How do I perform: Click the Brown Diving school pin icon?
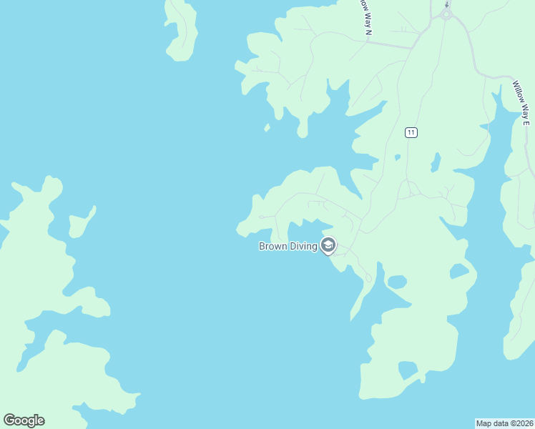[x=328, y=246]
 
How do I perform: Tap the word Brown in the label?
[x=273, y=247]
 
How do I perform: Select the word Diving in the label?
[x=304, y=247]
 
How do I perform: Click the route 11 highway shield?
[x=411, y=132]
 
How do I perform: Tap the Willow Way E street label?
[x=521, y=102]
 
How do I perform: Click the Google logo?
[x=24, y=420]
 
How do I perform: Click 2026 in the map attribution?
[x=524, y=423]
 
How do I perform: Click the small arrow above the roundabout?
[x=447, y=4]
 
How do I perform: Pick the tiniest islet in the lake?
[x=267, y=128]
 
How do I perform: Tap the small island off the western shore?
[x=81, y=222]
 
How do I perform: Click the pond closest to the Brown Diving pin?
[x=396, y=281]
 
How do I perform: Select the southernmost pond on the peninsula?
[x=408, y=370]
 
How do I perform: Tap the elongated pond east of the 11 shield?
[x=435, y=164]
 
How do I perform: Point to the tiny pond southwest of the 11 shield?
[x=397, y=157]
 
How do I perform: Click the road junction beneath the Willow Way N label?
[x=367, y=41]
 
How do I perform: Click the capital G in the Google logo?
[x=9, y=420]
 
